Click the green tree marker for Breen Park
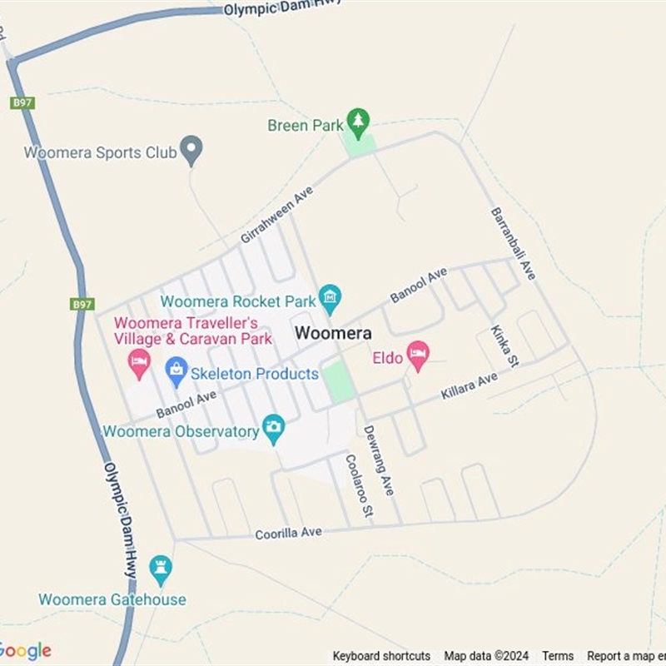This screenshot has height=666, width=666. click(358, 122)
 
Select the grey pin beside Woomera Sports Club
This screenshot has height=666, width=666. click(192, 150)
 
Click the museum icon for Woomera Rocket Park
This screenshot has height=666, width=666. click(331, 297)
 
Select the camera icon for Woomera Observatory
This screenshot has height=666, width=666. click(273, 429)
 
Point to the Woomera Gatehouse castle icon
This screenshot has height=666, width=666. click(160, 569)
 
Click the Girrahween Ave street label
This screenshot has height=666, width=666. click(276, 215)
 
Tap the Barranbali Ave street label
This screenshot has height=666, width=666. click(514, 243)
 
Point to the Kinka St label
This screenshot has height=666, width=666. click(504, 345)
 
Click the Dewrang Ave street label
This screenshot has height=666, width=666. click(378, 460)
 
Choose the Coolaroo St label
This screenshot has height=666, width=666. click(359, 487)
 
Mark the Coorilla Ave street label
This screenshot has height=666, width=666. click(288, 532)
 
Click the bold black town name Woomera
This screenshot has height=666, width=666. click(333, 333)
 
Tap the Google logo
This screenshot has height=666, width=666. click(25, 650)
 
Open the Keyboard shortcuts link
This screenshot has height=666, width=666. click(381, 656)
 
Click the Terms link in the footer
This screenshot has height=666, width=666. click(558, 656)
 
